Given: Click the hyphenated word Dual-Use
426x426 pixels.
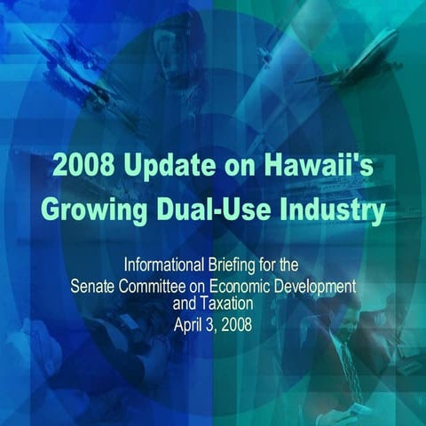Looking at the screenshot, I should pyautogui.click(x=218, y=211).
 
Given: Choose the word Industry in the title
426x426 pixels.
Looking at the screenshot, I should pyautogui.click(x=336, y=211).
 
